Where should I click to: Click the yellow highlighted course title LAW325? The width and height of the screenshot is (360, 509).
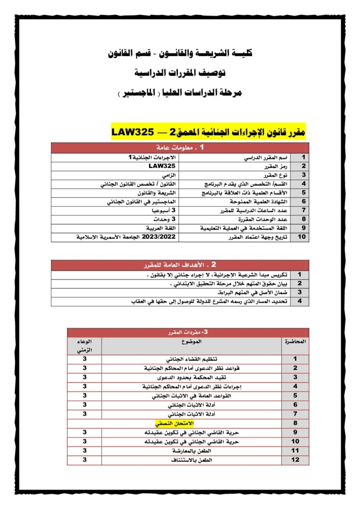209,132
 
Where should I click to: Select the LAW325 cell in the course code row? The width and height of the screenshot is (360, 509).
162,166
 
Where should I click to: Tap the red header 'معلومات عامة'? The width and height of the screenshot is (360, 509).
180,148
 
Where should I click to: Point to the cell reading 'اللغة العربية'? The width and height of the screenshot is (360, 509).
149,228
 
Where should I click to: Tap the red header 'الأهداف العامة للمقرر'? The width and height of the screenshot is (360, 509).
180,265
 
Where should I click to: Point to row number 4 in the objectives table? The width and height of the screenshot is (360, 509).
299,301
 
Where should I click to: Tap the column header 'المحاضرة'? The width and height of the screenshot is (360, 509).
295,342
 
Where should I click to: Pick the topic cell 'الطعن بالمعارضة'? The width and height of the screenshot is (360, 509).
191,450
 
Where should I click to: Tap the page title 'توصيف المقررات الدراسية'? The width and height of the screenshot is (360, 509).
180,73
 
